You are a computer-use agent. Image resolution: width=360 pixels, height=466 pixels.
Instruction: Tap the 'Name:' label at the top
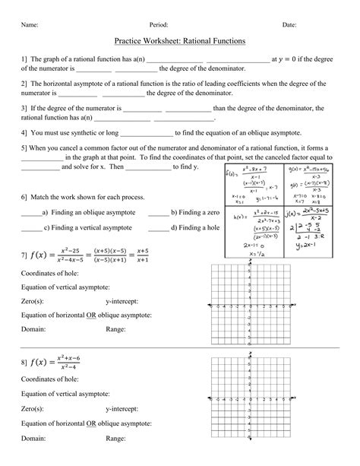[x=30, y=24]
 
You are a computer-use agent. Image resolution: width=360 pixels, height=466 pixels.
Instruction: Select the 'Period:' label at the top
[x=159, y=24]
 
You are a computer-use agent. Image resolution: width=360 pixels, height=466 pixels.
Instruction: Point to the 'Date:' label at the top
[x=289, y=24]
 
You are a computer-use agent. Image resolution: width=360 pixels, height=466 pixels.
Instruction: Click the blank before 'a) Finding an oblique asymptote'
[x=31, y=214]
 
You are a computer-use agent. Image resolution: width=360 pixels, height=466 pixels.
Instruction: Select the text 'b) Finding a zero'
[x=195, y=213]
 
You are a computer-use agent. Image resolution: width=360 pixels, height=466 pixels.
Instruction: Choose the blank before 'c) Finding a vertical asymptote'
[x=31, y=227]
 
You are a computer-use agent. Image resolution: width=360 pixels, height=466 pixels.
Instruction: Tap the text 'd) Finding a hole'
[x=195, y=227]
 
